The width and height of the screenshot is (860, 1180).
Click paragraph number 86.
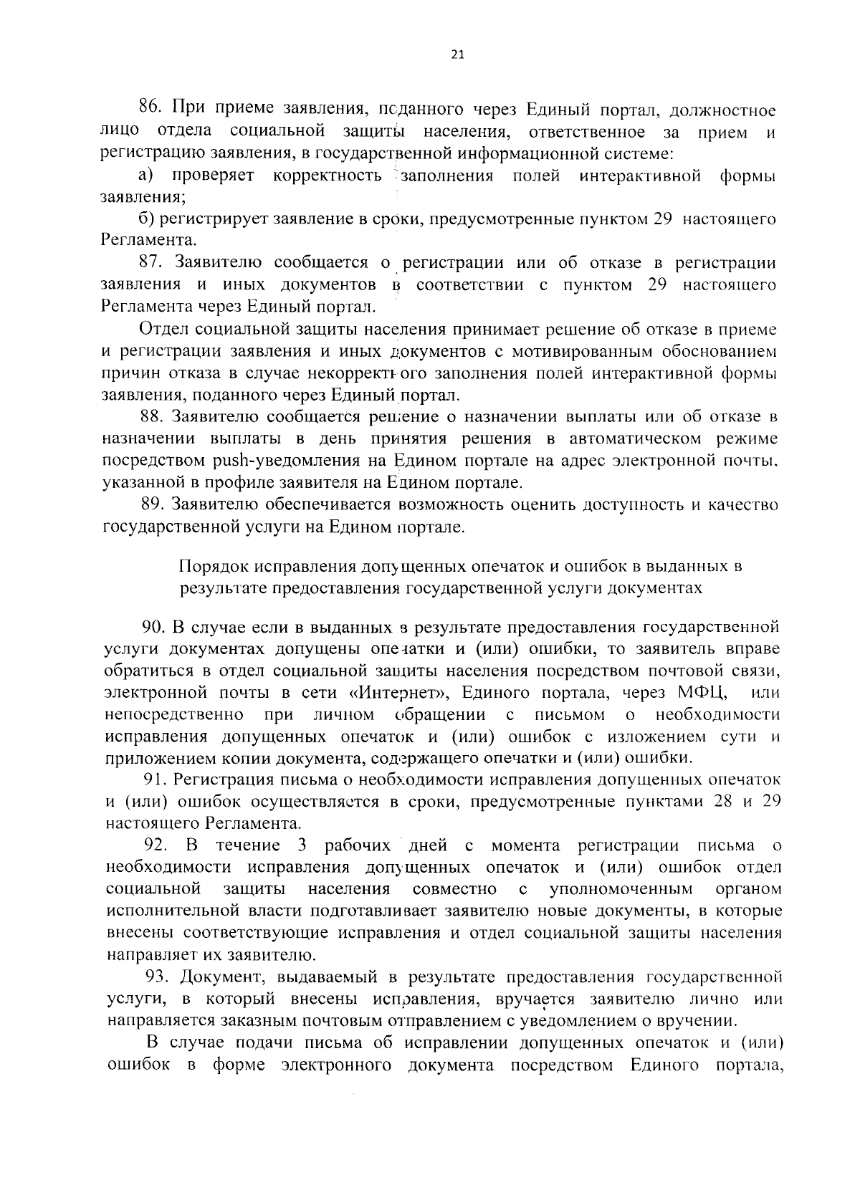(x=151, y=110)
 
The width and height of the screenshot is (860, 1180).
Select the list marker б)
(x=146, y=219)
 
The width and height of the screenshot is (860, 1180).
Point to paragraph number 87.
(x=151, y=263)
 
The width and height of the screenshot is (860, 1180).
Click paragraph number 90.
(x=154, y=627)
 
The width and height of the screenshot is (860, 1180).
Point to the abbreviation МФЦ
(x=701, y=693)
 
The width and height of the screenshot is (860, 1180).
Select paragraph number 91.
(x=154, y=780)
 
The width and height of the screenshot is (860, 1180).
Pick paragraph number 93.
(x=156, y=977)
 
